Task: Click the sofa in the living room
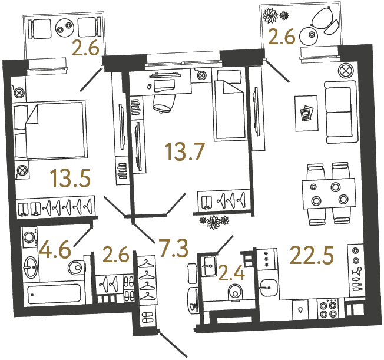[339, 113]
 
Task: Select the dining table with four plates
[325, 193]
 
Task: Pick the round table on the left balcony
[63, 28]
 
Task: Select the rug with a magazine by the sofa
[306, 112]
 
